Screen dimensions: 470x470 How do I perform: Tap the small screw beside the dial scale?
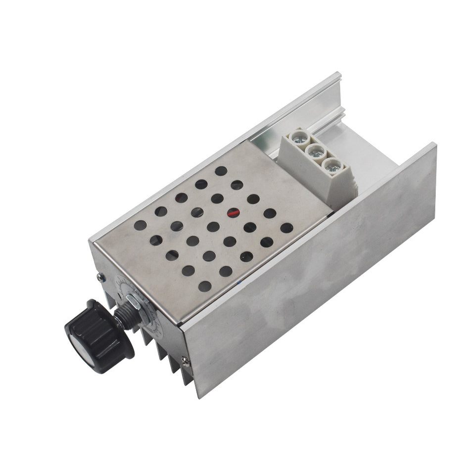[x=101, y=278]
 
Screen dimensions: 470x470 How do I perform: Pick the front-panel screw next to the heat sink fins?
[x=185, y=362]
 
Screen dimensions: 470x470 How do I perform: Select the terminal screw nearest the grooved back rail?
[x=300, y=137]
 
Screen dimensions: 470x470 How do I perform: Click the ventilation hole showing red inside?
[x=233, y=213]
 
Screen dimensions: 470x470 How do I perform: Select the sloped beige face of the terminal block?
[x=341, y=188]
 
